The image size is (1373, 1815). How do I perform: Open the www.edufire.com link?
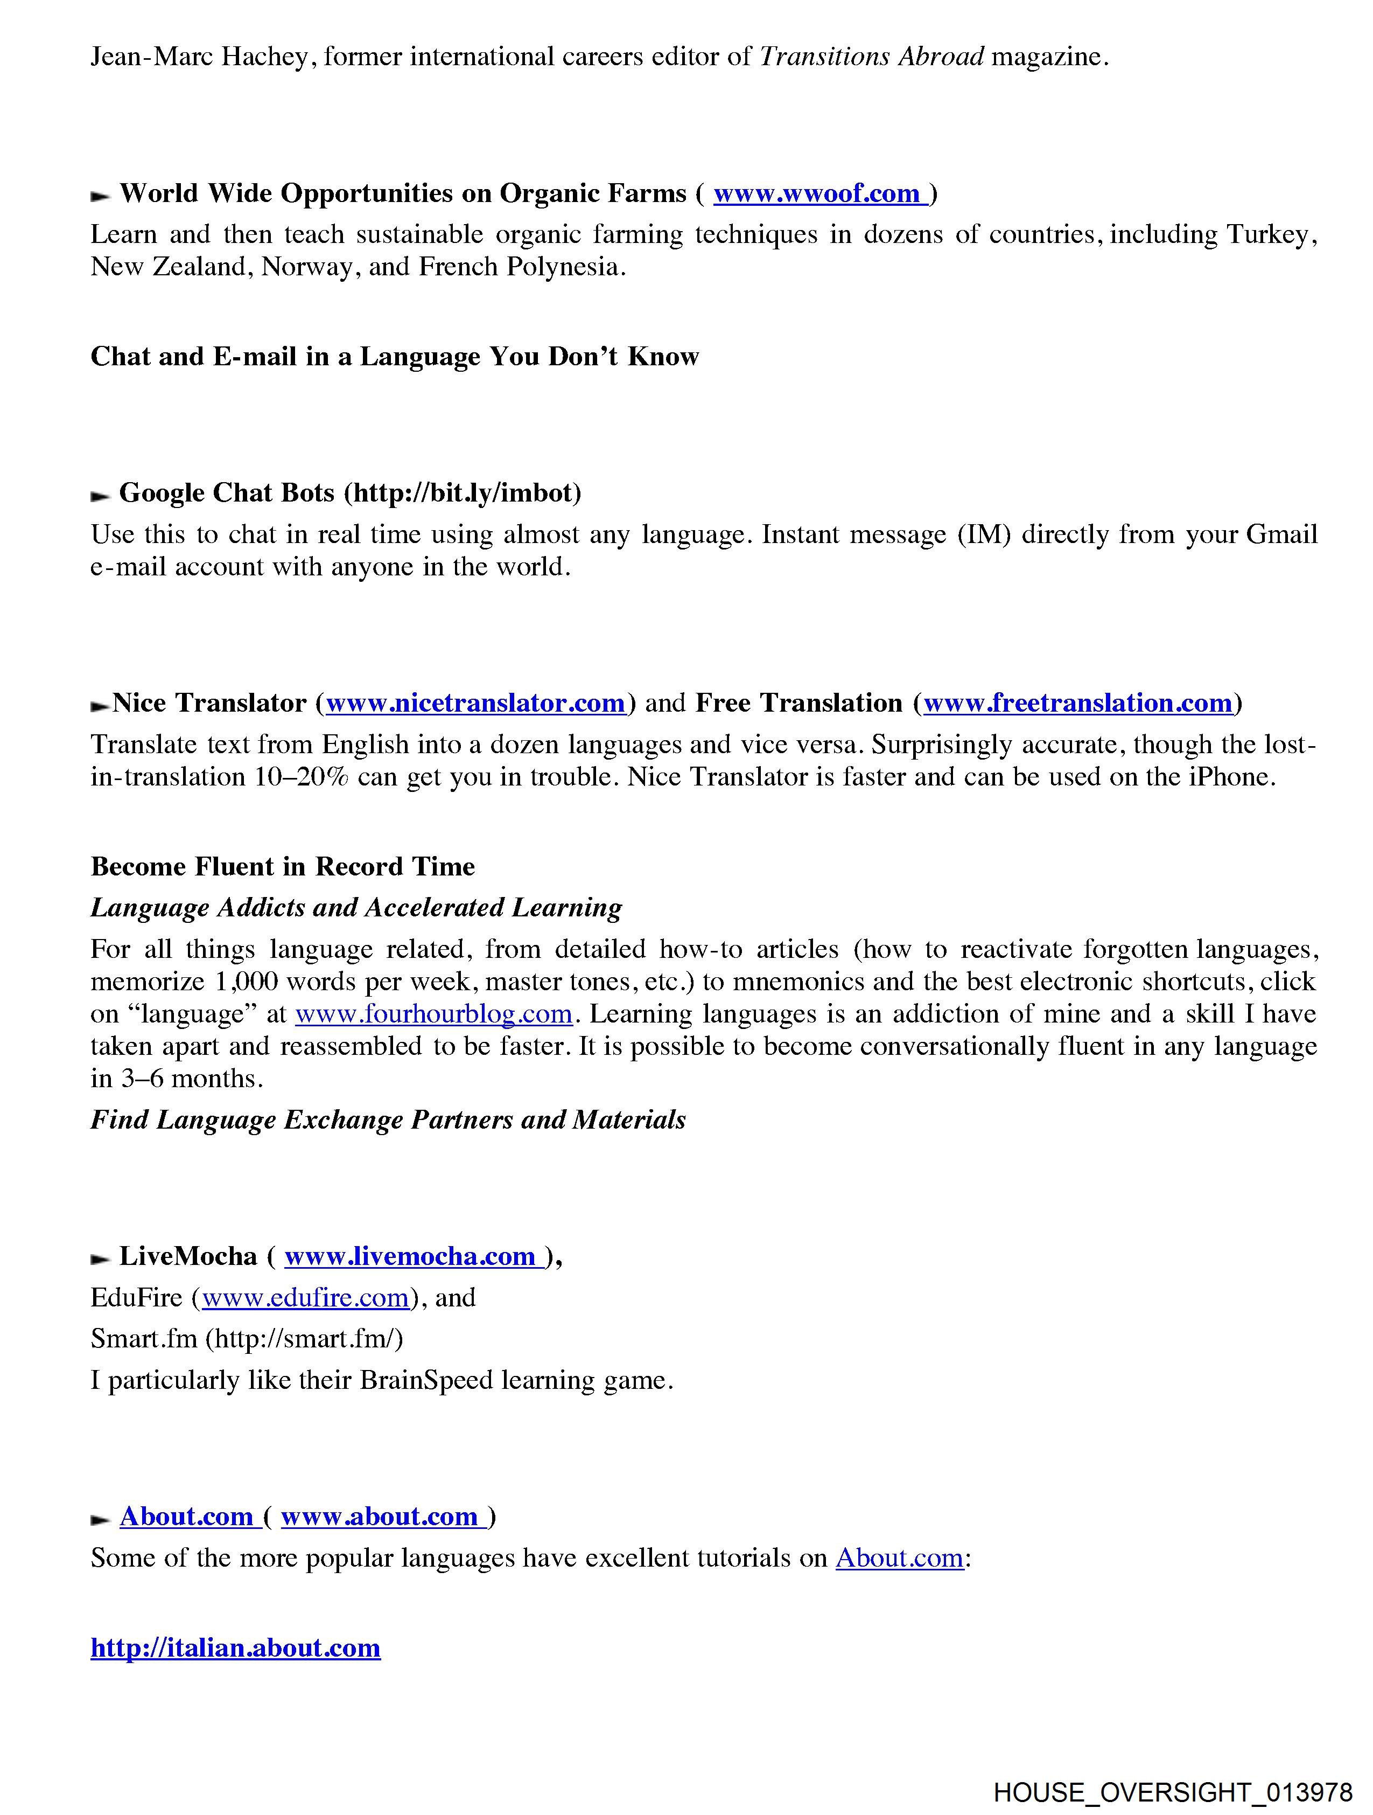[305, 1297]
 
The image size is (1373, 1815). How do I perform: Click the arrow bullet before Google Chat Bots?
[100, 496]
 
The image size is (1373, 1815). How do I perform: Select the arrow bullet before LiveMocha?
[100, 1260]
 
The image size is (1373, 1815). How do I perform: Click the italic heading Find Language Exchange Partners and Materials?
[388, 1120]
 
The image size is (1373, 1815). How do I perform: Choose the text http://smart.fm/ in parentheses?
[304, 1339]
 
